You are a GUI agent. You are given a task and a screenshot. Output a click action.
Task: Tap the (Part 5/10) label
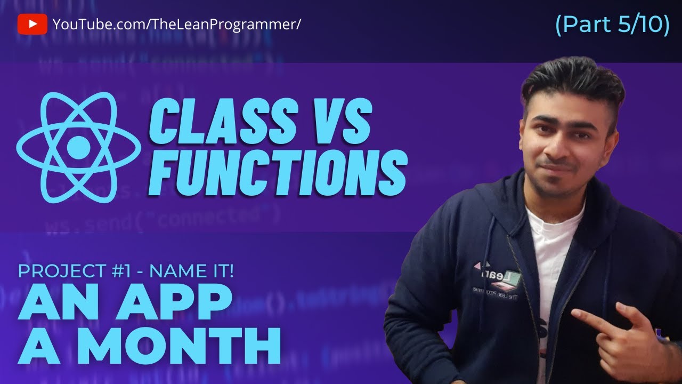612,25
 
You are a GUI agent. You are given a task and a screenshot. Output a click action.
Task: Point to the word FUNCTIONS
278,170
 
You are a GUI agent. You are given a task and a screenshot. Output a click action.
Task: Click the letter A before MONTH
40,346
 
